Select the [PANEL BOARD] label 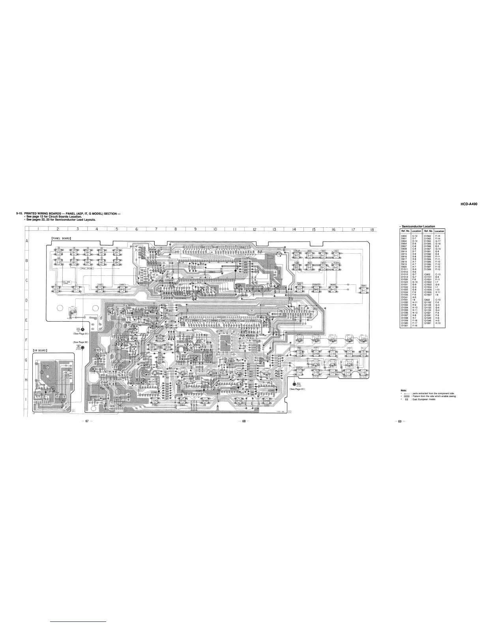[61, 238]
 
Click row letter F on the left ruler [26, 340]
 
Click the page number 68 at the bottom [244, 421]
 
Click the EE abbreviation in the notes [406, 399]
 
